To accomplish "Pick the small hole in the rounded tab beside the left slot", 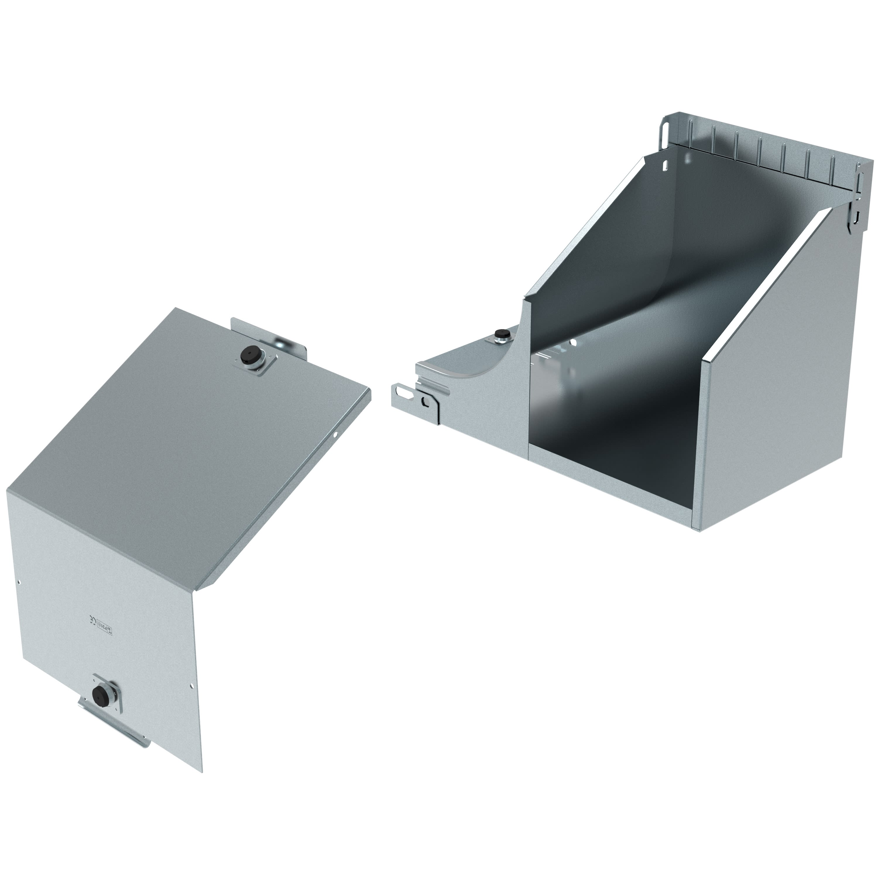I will (425, 401).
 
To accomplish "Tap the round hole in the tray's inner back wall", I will (574, 340).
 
